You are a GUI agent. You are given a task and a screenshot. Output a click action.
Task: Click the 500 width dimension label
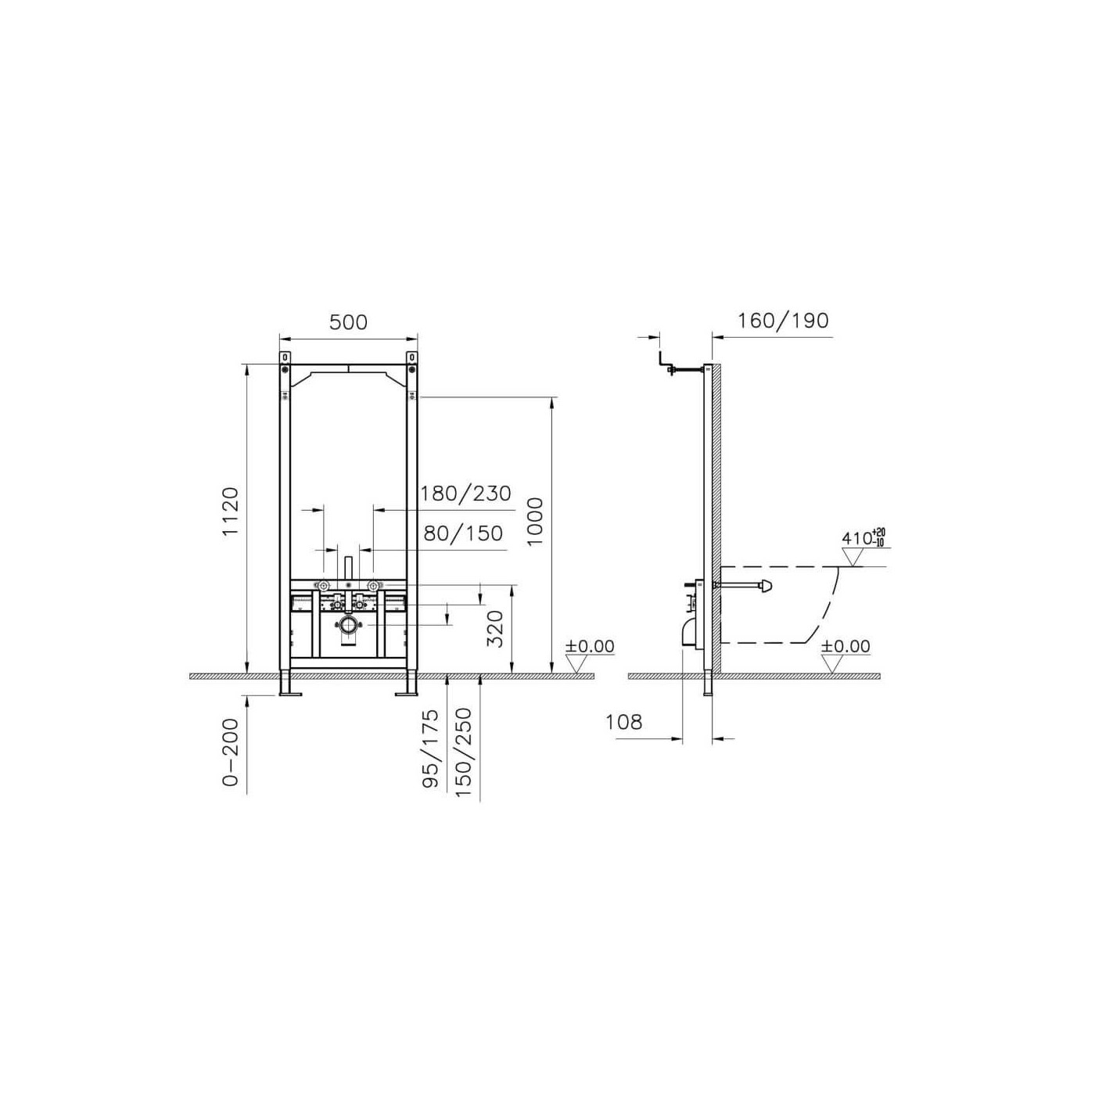pyautogui.click(x=348, y=322)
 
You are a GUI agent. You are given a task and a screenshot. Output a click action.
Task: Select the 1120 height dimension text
pyautogui.click(x=231, y=511)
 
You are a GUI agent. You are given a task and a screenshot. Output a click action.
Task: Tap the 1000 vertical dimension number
pyautogui.click(x=535, y=520)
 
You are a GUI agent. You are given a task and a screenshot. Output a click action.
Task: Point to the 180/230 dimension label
pyautogui.click(x=465, y=494)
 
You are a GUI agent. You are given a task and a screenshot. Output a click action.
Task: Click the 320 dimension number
pyautogui.click(x=496, y=629)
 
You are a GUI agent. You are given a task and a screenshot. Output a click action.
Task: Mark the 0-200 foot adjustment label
pyautogui.click(x=230, y=752)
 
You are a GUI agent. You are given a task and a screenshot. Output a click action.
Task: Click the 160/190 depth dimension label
pyautogui.click(x=783, y=321)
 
